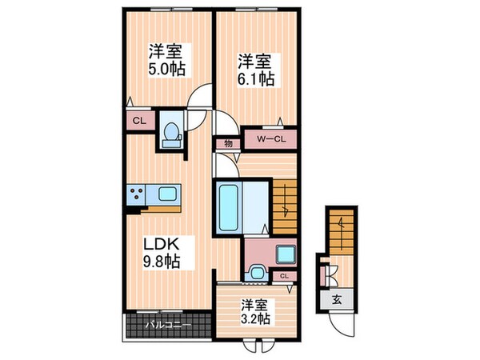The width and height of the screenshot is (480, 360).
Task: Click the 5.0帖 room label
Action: [x=166, y=61]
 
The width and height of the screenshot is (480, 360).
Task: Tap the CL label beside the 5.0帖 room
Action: [x=138, y=121]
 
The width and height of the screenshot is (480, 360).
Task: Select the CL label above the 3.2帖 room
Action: [x=284, y=276]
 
